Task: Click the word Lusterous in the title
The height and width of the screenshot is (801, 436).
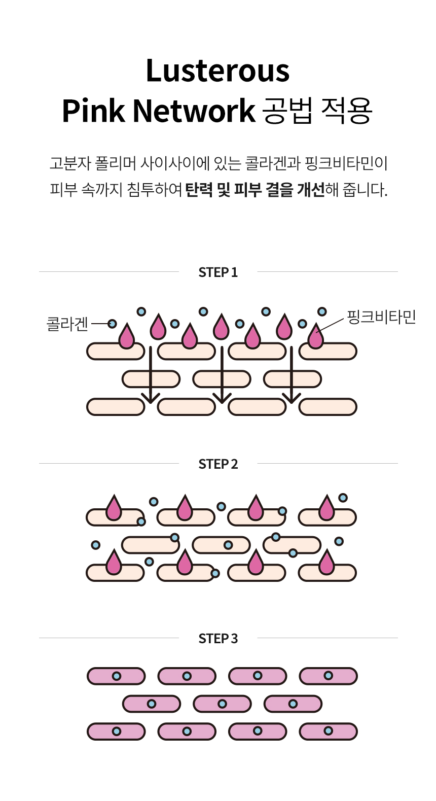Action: click(x=217, y=71)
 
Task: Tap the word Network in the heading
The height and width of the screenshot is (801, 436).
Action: click(x=194, y=111)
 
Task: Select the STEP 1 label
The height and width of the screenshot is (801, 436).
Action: click(x=218, y=272)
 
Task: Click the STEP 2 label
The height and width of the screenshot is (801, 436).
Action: click(x=218, y=464)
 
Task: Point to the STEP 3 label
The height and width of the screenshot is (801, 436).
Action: click(x=218, y=639)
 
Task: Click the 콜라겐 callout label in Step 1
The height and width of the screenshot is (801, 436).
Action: click(x=67, y=324)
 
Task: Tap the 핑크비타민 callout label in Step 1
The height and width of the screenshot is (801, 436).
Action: click(x=381, y=317)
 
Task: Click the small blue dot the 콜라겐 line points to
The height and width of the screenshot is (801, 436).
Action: click(x=113, y=324)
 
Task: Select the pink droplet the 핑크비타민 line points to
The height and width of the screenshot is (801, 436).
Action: click(x=315, y=337)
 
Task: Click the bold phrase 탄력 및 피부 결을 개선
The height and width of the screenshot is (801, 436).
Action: click(x=255, y=190)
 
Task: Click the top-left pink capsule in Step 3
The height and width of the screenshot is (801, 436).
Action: click(x=116, y=676)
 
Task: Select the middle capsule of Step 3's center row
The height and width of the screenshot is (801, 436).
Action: click(x=222, y=704)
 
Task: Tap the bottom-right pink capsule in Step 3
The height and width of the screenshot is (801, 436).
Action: click(x=328, y=732)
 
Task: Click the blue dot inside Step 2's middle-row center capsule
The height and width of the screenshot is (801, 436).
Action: click(x=228, y=545)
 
